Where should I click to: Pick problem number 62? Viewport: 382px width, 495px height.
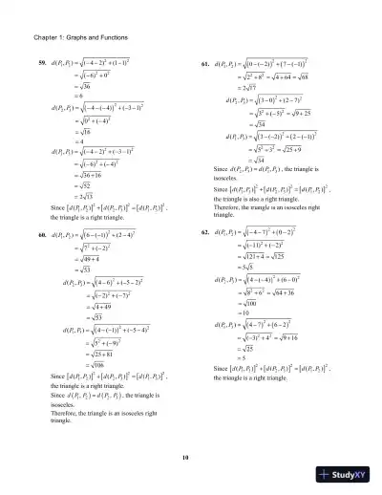tap(202, 232)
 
